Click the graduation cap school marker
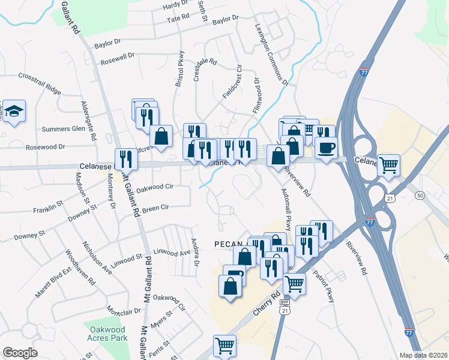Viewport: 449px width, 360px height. tap(14, 111)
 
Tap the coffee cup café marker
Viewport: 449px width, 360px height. tap(326, 148)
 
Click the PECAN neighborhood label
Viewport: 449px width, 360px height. tap(229, 244)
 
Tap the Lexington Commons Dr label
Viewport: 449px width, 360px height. tap(271, 55)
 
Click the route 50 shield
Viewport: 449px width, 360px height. tap(420, 196)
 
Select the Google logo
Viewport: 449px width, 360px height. tap(20, 352)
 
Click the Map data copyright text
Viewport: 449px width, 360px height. tap(424, 355)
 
